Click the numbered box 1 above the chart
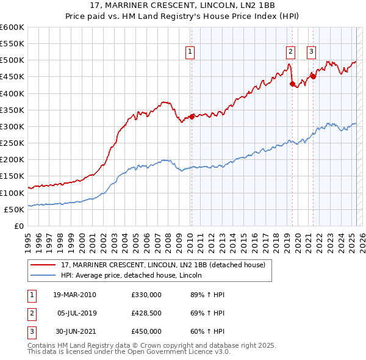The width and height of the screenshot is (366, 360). [x=191, y=52]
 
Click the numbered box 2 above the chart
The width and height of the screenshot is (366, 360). [x=290, y=52]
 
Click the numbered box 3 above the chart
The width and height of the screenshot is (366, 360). [x=311, y=52]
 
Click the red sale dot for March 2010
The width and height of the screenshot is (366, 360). [x=192, y=117]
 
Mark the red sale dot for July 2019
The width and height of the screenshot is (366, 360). [x=292, y=84]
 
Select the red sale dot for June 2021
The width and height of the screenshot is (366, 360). [x=314, y=77]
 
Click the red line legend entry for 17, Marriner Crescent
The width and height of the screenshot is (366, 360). [x=163, y=265]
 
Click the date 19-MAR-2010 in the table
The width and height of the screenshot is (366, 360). [x=74, y=295]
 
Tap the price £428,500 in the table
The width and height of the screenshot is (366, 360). [x=146, y=313]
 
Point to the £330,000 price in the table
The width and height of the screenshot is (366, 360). [x=146, y=295]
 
